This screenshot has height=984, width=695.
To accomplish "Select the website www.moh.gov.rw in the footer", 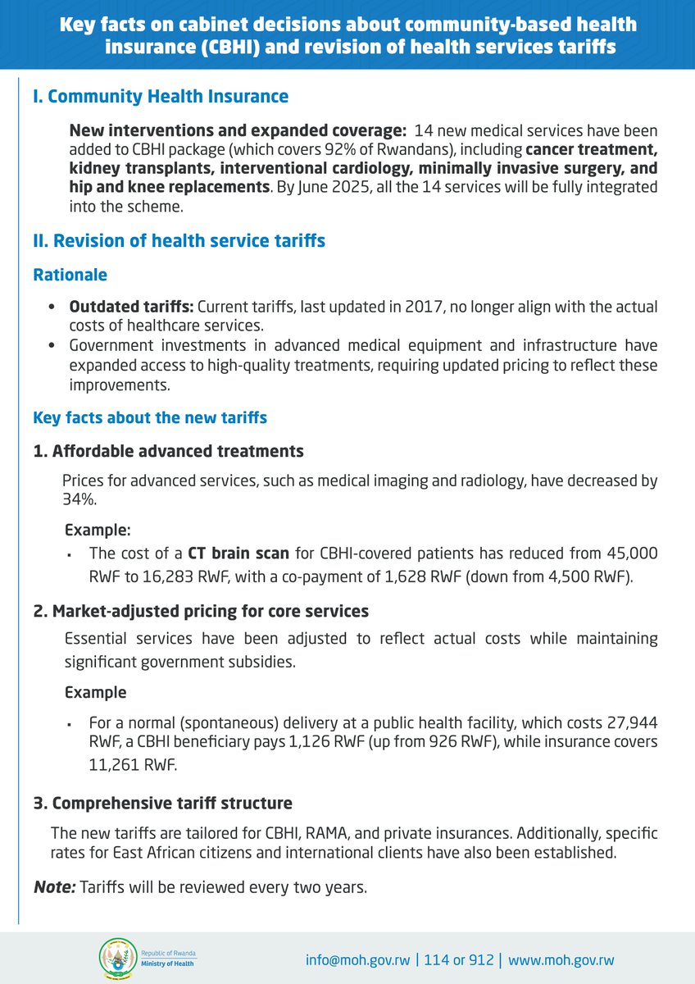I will [x=561, y=960].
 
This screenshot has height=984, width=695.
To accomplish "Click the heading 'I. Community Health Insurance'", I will [x=161, y=97].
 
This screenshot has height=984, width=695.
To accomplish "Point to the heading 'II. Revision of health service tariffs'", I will [x=179, y=240].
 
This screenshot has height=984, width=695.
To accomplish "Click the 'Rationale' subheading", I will [x=70, y=276].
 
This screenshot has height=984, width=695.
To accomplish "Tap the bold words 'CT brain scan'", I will [x=238, y=553].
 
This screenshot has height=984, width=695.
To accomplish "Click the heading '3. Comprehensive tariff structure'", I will [x=162, y=803].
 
